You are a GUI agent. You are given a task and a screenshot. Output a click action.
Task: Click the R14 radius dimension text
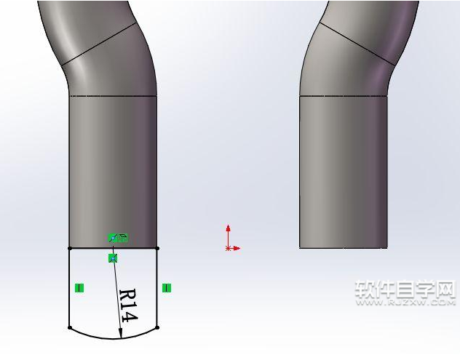pos(128,306)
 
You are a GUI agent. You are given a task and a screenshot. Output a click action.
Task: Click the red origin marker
pos(229,248)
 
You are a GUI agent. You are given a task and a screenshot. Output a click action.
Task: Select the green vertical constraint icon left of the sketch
pos(79,288)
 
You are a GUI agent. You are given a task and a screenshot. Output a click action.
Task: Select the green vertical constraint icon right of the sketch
pos(167,288)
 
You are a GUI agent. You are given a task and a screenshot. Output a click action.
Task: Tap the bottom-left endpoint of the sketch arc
pos(69,327)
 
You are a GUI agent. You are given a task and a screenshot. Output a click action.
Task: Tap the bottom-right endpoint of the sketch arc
pos(157,327)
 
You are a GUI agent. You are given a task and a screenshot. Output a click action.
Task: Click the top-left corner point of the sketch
pos(69,248)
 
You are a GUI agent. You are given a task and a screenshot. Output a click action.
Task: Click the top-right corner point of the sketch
pos(157,248)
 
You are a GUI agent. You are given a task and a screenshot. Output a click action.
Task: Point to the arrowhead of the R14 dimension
pos(121,334)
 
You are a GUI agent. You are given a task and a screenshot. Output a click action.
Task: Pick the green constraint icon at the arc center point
pos(113,258)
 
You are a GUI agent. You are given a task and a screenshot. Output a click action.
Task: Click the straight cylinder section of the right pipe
pos(343,171)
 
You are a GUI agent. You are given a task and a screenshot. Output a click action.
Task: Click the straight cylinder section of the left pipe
pos(113,171)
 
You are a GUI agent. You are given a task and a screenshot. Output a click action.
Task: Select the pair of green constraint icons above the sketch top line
pos(118,237)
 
